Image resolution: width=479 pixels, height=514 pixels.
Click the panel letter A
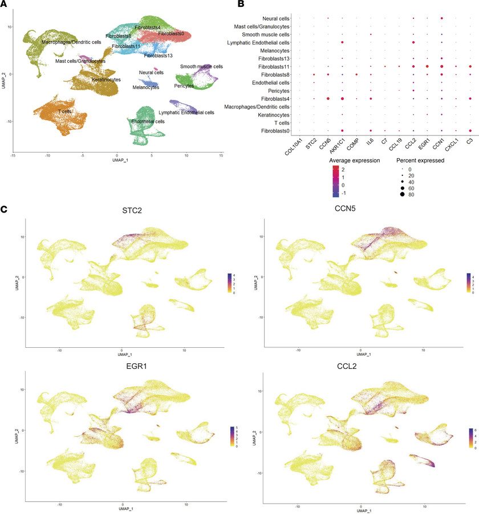click(x=4, y=5)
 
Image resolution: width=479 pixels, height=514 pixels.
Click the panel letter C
click(x=4, y=210)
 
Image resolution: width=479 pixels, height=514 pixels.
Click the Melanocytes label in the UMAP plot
click(x=145, y=87)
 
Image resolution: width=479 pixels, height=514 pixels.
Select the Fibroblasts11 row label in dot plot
click(x=273, y=66)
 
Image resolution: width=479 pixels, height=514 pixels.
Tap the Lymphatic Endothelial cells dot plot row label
click(x=258, y=42)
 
